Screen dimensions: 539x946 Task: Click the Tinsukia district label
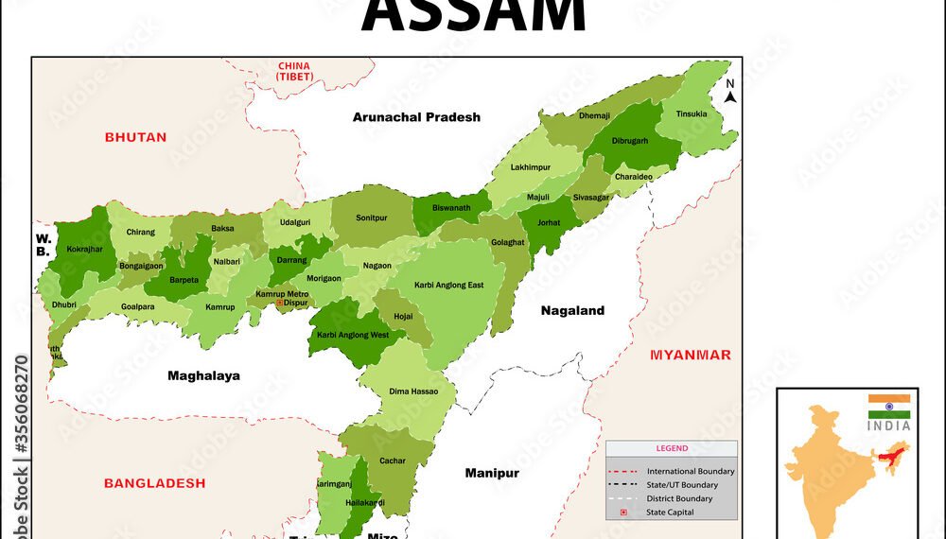click(x=692, y=114)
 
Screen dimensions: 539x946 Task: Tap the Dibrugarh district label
click(x=630, y=141)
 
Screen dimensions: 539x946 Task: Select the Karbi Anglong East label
click(x=448, y=285)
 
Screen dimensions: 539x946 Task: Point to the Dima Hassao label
click(x=412, y=391)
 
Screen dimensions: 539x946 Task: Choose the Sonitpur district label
click(x=372, y=217)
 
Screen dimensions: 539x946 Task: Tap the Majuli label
click(x=537, y=197)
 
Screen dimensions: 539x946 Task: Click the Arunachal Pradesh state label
click(x=416, y=117)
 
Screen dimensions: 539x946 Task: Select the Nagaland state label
click(x=572, y=310)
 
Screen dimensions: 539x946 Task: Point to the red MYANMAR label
click(x=690, y=355)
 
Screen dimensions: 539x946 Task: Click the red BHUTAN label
click(x=135, y=137)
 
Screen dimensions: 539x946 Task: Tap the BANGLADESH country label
click(x=154, y=483)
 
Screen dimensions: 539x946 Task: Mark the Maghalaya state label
click(x=203, y=375)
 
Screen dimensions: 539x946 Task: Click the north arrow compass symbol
click(x=730, y=91)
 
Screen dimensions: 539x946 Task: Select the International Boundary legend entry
click(x=691, y=471)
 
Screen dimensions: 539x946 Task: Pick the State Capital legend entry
click(x=670, y=513)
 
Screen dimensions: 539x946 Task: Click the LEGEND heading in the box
click(x=672, y=448)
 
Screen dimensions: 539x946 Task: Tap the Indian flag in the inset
click(x=889, y=408)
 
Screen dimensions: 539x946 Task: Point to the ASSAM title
click(x=473, y=17)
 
